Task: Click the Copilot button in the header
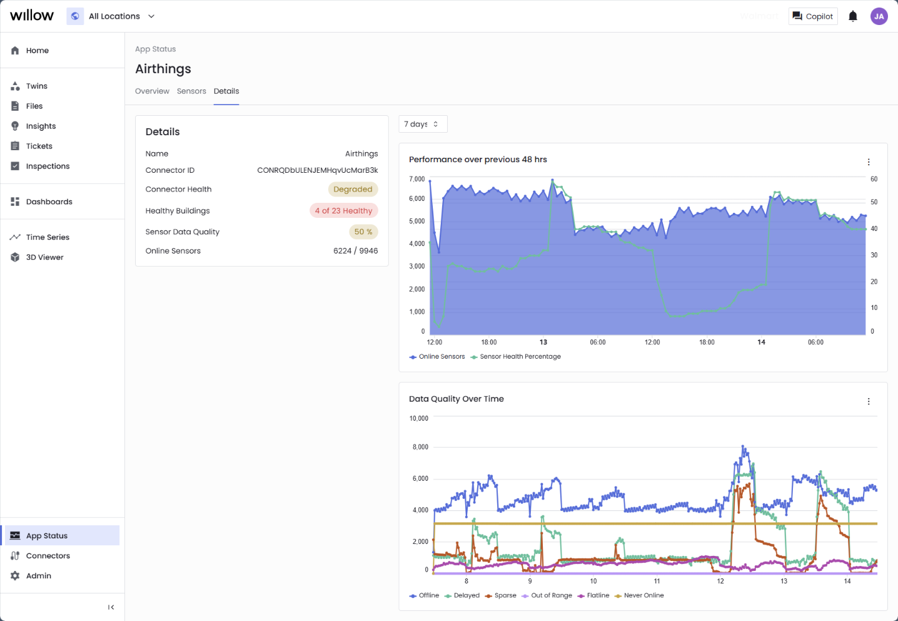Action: (x=813, y=16)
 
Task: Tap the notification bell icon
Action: (x=852, y=16)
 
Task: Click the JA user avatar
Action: (x=879, y=16)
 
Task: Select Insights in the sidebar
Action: (x=41, y=126)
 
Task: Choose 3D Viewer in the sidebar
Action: (x=44, y=257)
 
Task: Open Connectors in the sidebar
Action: (x=48, y=556)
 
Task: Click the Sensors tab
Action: (x=191, y=91)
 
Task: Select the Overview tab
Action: (x=152, y=91)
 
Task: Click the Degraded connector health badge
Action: (x=353, y=189)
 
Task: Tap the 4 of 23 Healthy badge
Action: (x=343, y=211)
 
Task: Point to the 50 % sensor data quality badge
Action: (x=363, y=232)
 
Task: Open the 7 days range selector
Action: (x=423, y=124)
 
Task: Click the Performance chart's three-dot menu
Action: (x=869, y=162)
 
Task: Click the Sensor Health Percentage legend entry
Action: (x=520, y=357)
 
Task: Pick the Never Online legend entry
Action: (x=643, y=596)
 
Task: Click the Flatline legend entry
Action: (x=597, y=596)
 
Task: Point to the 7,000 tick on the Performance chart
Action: (x=417, y=179)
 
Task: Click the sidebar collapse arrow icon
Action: (x=111, y=607)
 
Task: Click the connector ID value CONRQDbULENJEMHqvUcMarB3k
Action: (x=318, y=170)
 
